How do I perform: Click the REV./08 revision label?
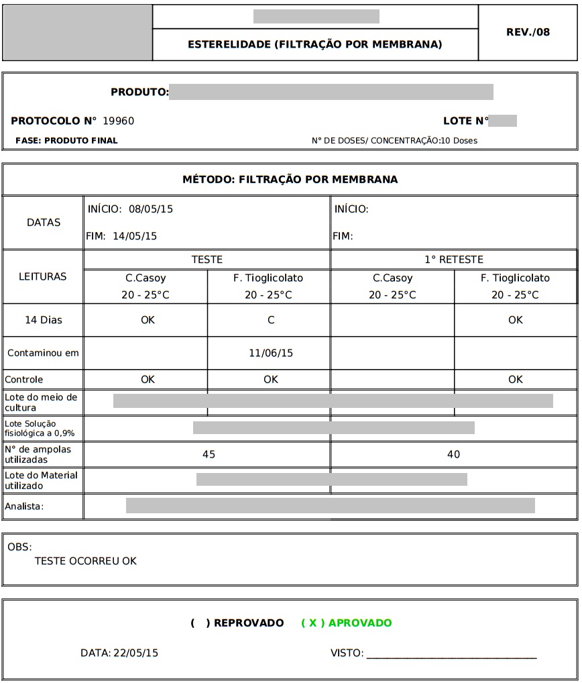tap(528, 32)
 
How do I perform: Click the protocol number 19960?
tap(118, 121)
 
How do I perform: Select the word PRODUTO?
tap(139, 92)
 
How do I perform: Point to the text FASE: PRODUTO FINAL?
tap(66, 141)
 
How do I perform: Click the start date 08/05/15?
tap(151, 209)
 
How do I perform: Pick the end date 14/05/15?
tap(135, 236)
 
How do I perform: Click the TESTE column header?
tap(207, 260)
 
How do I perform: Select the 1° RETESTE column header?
tap(453, 260)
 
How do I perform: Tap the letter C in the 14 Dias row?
tap(271, 320)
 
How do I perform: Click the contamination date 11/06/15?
tap(271, 353)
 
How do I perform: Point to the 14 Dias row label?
tap(43, 320)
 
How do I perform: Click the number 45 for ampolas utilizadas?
tap(209, 455)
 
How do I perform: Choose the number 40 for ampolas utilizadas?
tap(453, 455)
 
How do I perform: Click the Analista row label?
tap(24, 507)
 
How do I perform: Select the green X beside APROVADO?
tap(312, 623)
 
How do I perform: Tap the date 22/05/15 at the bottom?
tap(135, 653)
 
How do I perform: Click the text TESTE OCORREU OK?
tap(85, 561)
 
